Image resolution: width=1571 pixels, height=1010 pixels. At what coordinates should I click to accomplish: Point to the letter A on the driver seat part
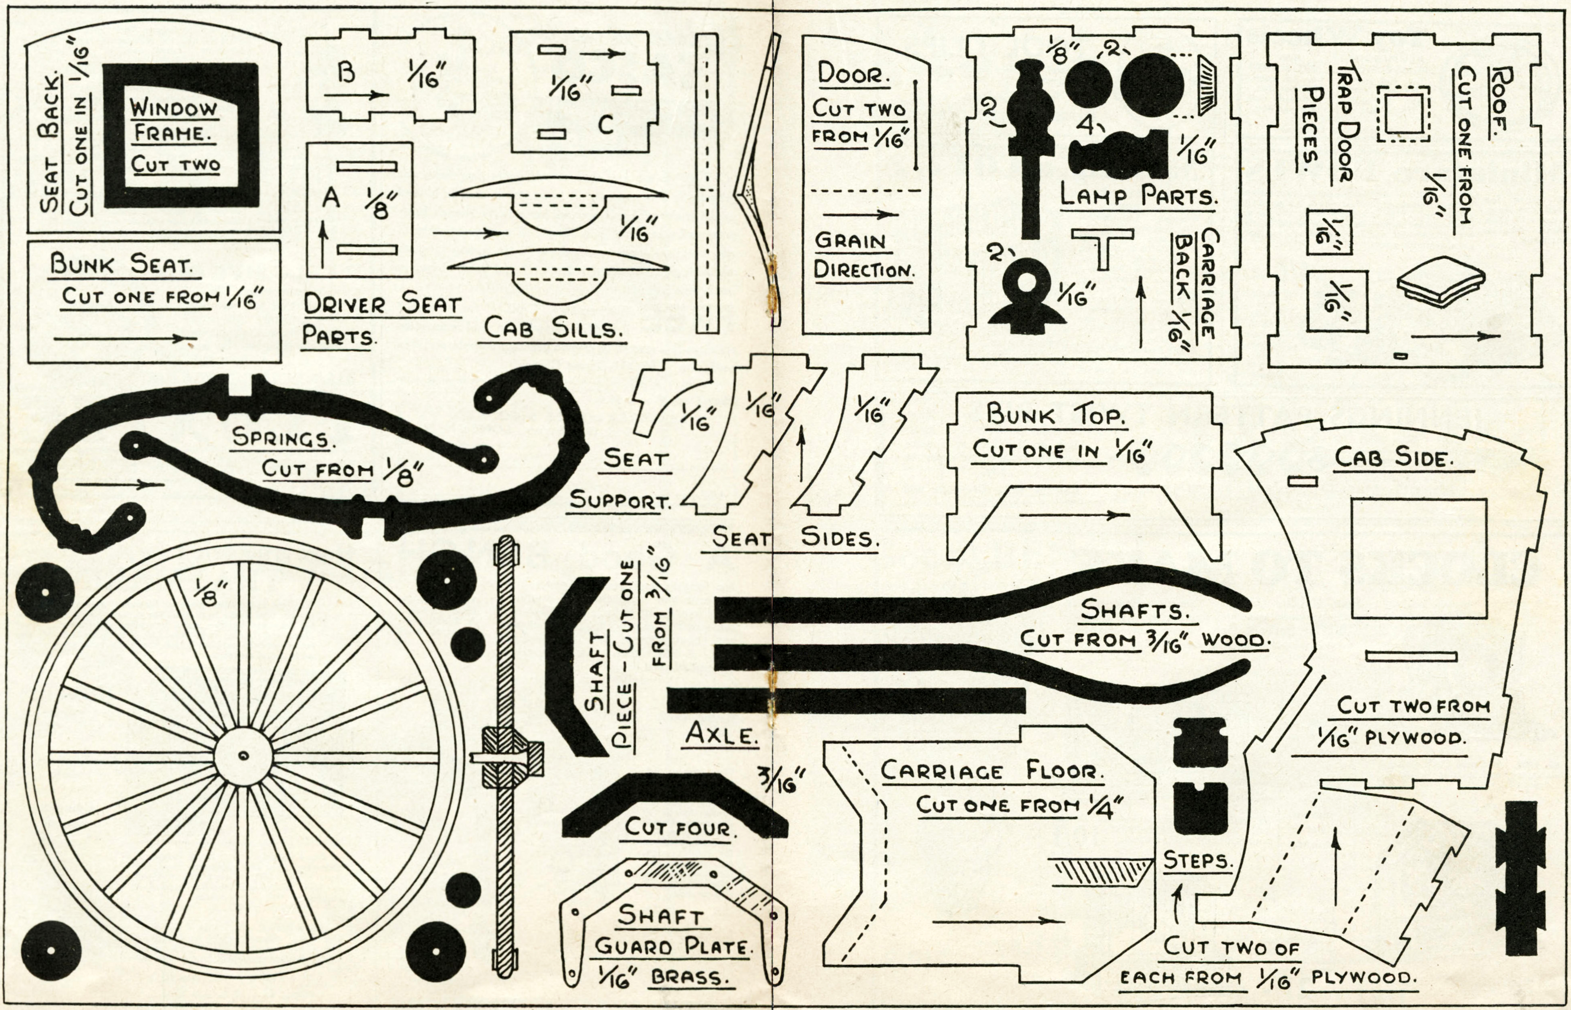pyautogui.click(x=331, y=197)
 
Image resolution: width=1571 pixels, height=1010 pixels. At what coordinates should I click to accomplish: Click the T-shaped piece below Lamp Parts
pyautogui.click(x=1103, y=246)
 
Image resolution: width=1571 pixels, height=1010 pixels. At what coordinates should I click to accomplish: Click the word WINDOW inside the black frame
pyautogui.click(x=173, y=108)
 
